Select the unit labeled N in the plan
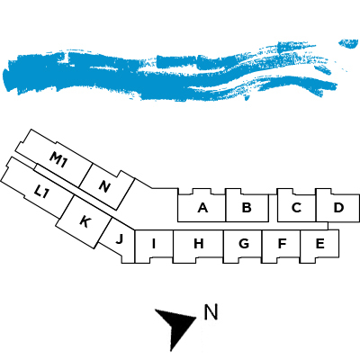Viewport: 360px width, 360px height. pyautogui.click(x=104, y=186)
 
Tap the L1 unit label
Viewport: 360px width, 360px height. pyautogui.click(x=40, y=192)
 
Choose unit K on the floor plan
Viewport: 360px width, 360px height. pyautogui.click(x=85, y=222)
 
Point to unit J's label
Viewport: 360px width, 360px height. pyautogui.click(x=119, y=239)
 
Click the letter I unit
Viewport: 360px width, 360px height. pyautogui.click(x=154, y=244)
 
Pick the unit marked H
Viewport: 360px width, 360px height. pyautogui.click(x=198, y=244)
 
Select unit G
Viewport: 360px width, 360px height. pyautogui.click(x=244, y=244)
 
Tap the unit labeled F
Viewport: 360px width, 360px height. pyautogui.click(x=282, y=244)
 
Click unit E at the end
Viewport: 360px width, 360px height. pyautogui.click(x=319, y=244)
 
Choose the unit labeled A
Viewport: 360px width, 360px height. pyautogui.click(x=202, y=208)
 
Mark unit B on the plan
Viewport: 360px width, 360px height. pyautogui.click(x=247, y=208)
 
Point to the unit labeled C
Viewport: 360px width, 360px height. pyautogui.click(x=296, y=208)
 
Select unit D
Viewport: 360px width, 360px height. pyautogui.click(x=338, y=208)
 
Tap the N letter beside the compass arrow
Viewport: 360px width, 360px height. pyautogui.click(x=211, y=312)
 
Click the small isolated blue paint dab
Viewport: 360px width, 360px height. pyautogui.click(x=348, y=43)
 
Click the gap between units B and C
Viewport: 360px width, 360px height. pyautogui.click(x=273, y=208)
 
